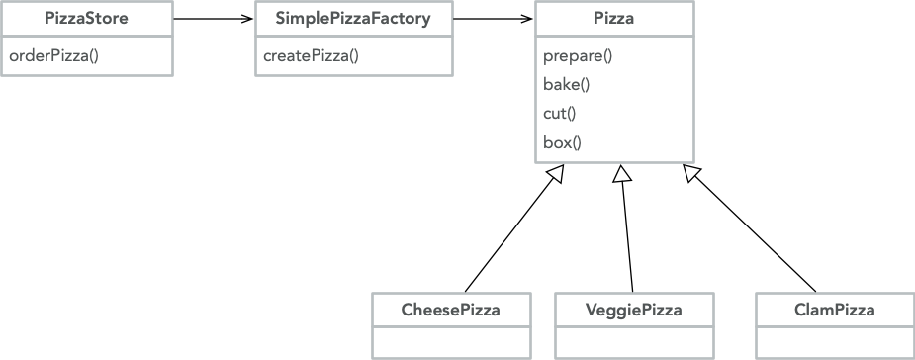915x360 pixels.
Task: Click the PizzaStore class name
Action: click(86, 19)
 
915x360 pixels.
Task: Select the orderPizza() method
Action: click(53, 55)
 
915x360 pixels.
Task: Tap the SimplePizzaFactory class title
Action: click(353, 19)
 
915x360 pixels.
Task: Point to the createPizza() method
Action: click(311, 55)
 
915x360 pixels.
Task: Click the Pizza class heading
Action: click(614, 19)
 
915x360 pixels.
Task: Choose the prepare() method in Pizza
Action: click(578, 55)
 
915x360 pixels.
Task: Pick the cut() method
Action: click(559, 113)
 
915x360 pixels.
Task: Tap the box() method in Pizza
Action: click(562, 141)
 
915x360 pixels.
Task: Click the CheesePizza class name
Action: click(450, 310)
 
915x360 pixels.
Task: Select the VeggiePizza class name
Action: click(633, 310)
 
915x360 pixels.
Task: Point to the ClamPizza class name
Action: click(834, 310)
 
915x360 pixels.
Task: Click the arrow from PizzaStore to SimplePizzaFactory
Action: click(214, 19)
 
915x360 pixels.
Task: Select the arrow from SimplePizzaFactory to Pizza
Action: click(494, 19)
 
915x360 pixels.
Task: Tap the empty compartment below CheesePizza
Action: click(450, 342)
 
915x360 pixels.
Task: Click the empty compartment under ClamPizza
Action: click(834, 342)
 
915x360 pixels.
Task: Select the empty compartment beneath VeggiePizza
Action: click(633, 342)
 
